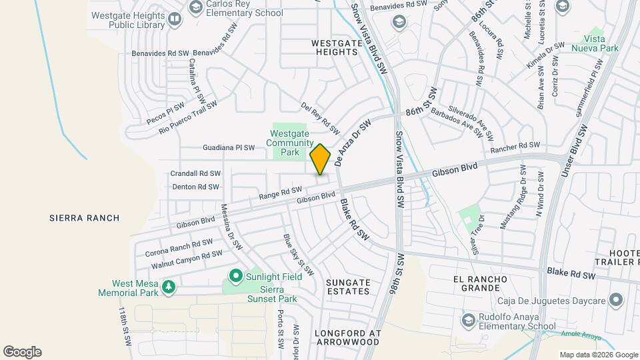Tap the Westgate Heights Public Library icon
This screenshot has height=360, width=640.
coord(174,19)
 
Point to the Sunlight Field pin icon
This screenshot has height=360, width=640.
coord(235,275)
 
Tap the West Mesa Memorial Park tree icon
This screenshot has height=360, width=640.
coord(169,287)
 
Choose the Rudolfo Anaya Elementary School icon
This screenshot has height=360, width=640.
coord(467,321)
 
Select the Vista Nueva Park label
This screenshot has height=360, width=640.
coord(591,44)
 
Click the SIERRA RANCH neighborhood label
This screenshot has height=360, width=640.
coord(85,218)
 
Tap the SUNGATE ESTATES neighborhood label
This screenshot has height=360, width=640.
coord(348,287)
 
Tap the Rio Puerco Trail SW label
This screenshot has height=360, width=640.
coord(189,118)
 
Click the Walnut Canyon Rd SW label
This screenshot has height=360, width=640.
coord(187,259)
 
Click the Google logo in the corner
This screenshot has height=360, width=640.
coord(22,352)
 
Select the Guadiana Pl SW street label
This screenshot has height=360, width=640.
coord(229,148)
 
